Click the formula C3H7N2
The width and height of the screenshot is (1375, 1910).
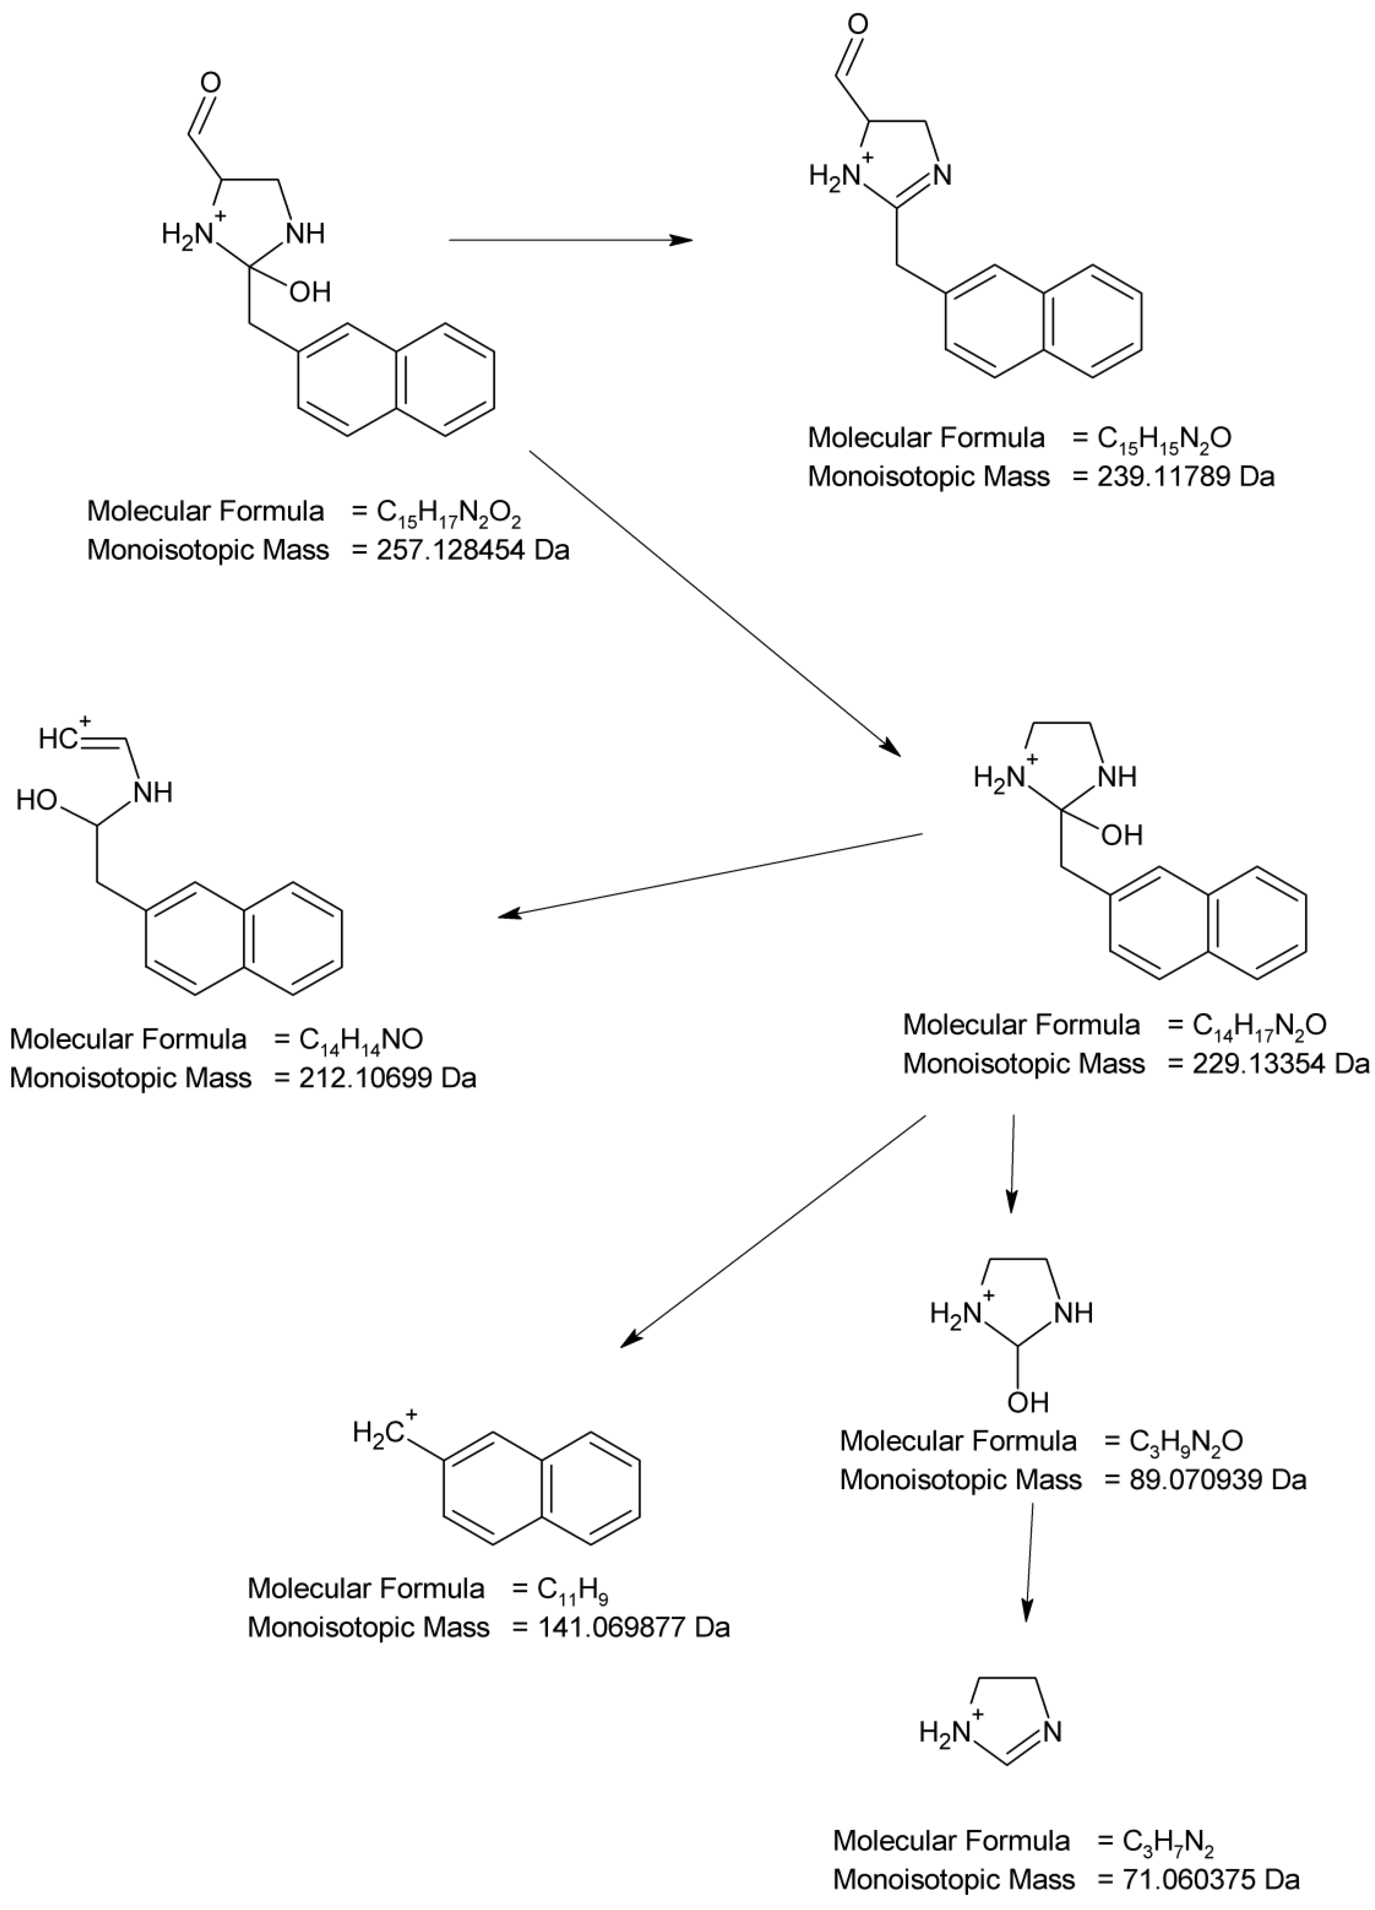(1168, 1843)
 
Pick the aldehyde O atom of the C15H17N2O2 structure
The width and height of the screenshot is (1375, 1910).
(211, 82)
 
